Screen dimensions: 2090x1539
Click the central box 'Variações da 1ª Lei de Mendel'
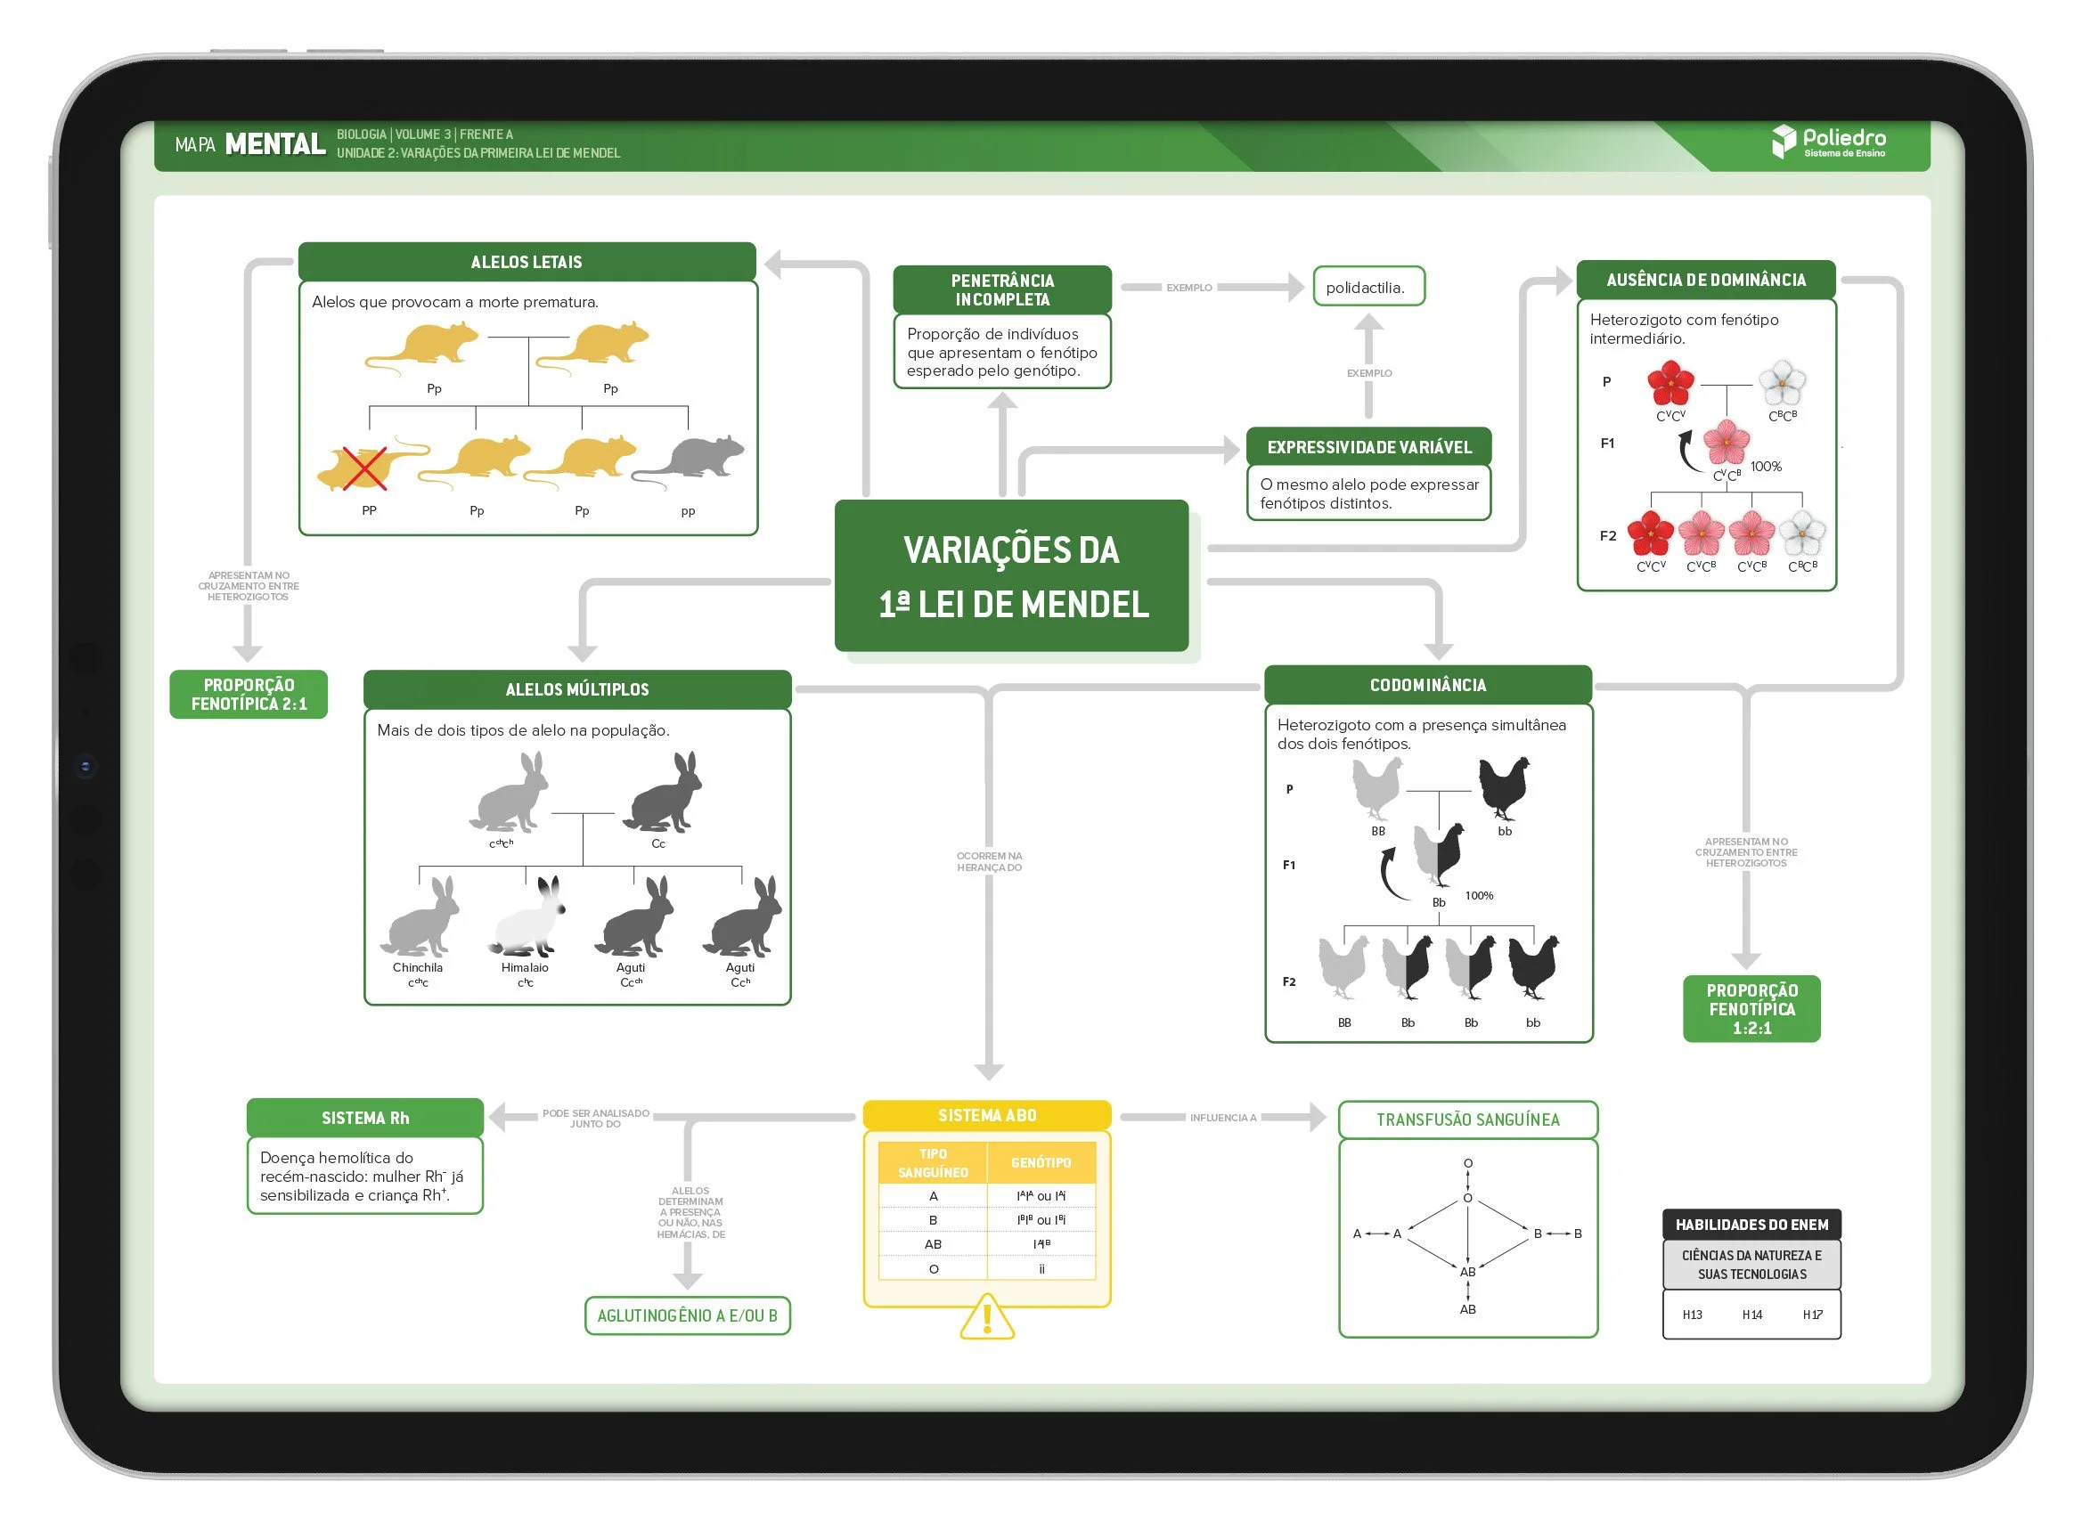pyautogui.click(x=1011, y=574)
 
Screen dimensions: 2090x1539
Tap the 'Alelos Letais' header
pyautogui.click(x=527, y=262)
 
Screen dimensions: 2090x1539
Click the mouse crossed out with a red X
pyautogui.click(x=365, y=466)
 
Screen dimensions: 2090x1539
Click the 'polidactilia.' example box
pyautogui.click(x=1367, y=287)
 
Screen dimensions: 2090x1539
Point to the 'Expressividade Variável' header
pyautogui.click(x=1368, y=447)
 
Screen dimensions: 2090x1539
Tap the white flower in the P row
pyautogui.click(x=1781, y=383)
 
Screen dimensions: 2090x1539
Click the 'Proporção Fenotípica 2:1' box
pyautogui.click(x=249, y=694)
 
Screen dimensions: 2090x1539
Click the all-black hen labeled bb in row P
pyautogui.click(x=1504, y=787)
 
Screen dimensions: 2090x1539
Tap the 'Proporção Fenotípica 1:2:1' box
pyautogui.click(x=1751, y=1009)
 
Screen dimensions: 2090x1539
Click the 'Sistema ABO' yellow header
pyautogui.click(x=987, y=1115)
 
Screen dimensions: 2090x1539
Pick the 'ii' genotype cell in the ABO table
pyautogui.click(x=1041, y=1268)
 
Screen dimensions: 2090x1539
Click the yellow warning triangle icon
pyautogui.click(x=987, y=1317)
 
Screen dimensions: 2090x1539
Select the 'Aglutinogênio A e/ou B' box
pyautogui.click(x=687, y=1315)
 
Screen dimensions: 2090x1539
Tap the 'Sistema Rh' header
pyautogui.click(x=365, y=1118)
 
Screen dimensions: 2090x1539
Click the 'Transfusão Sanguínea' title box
pyautogui.click(x=1467, y=1120)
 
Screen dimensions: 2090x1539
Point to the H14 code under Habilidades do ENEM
pyautogui.click(x=1751, y=1315)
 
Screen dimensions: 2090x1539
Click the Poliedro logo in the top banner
pyautogui.click(x=1827, y=142)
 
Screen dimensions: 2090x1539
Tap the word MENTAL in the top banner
pyautogui.click(x=275, y=144)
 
